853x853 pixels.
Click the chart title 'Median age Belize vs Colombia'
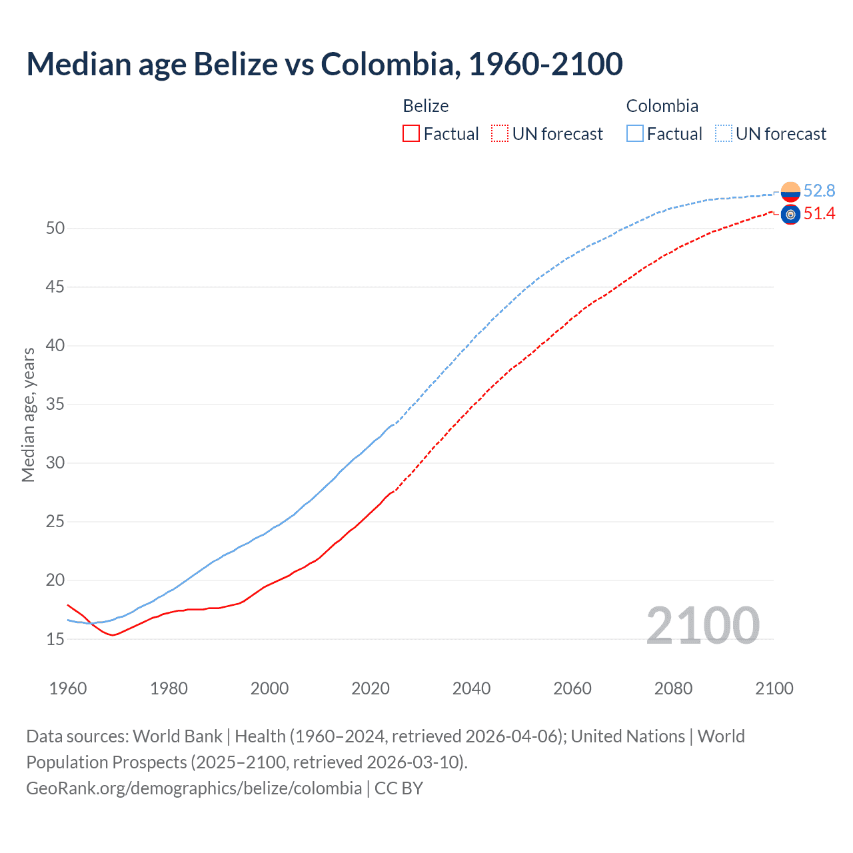pos(325,64)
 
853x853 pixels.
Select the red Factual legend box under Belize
pos(411,134)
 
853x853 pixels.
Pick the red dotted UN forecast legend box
pos(500,134)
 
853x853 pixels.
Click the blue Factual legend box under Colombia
pos(635,134)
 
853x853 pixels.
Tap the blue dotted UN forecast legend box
pos(723,134)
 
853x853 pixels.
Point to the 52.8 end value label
pos(819,191)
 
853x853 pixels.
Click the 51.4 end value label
pos(819,214)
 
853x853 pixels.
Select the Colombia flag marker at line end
pos(790,192)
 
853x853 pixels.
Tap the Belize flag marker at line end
pos(790,215)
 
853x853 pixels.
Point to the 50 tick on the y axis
pos(55,229)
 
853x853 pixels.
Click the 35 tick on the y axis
pos(55,405)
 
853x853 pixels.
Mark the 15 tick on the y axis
pos(55,639)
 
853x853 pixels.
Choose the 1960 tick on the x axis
pos(68,688)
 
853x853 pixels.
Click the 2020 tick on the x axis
pos(371,688)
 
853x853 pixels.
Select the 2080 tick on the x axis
pos(673,688)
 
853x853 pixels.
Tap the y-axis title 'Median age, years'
pos(28,415)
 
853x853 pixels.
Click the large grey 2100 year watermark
pos(702,625)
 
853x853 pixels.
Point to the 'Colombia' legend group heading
pos(662,106)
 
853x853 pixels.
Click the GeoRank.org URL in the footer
pos(194,788)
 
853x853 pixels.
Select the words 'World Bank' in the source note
pos(177,736)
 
